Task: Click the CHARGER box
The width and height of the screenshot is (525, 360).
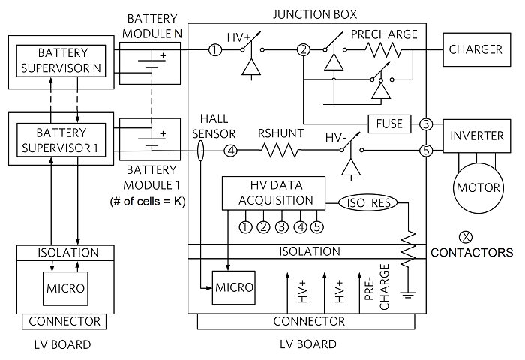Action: coord(475,49)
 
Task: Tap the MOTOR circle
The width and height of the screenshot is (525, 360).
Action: coord(475,186)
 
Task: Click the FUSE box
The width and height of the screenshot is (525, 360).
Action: coord(390,124)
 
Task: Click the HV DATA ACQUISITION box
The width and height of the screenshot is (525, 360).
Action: coord(274,193)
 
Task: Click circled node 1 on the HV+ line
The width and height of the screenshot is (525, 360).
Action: coord(215,50)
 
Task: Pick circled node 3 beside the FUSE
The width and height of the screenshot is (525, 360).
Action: coord(426,124)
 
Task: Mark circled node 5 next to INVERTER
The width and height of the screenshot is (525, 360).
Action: coord(426,151)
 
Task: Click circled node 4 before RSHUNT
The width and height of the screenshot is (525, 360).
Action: coord(231,151)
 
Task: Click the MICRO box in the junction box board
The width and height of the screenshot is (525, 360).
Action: coord(235,287)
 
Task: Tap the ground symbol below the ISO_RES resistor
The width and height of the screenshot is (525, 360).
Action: coord(409,293)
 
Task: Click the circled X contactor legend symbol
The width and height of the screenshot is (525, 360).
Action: coord(467,237)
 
